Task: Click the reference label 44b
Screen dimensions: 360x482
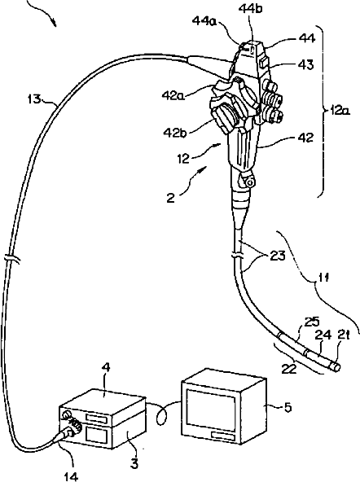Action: coord(251,9)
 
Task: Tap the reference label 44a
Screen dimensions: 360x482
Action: coord(204,20)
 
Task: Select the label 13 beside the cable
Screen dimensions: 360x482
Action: coord(34,99)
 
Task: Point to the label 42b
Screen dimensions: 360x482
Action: coord(175,133)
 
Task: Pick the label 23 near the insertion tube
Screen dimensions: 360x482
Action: coord(277,256)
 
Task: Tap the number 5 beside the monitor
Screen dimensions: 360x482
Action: coord(288,407)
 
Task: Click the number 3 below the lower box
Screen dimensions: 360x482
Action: coord(134,464)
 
